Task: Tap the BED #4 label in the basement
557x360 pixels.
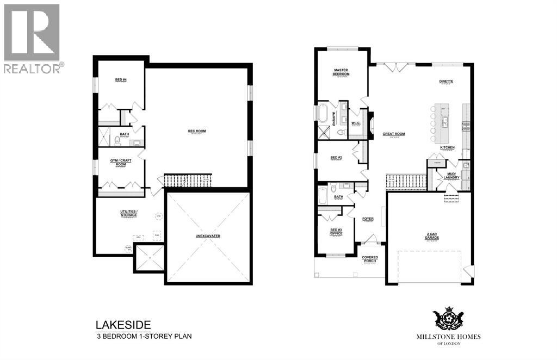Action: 121,80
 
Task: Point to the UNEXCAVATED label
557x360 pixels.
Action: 208,236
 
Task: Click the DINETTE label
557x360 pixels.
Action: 446,82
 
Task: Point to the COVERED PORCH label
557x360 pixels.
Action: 370,259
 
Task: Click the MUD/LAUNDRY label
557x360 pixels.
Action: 451,175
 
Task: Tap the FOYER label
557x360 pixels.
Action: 368,219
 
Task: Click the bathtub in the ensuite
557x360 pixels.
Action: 323,115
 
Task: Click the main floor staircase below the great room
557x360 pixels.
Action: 406,181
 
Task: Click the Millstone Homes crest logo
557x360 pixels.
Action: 448,319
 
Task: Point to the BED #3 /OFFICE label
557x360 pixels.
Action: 336,232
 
